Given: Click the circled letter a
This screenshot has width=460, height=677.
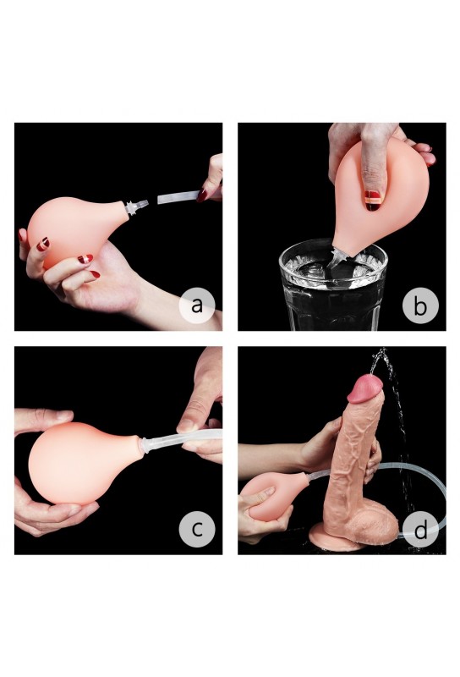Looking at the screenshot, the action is pyautogui.click(x=197, y=305).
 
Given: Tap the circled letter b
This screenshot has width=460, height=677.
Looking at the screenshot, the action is pyautogui.click(x=420, y=305).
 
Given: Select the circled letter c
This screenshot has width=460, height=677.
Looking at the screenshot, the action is pyautogui.click(x=197, y=529).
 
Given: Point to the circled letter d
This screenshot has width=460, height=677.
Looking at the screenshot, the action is pyautogui.click(x=420, y=529).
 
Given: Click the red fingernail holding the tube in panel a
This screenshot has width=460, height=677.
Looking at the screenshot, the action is pyautogui.click(x=202, y=195).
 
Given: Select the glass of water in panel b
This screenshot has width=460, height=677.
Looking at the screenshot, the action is pyautogui.click(x=333, y=284).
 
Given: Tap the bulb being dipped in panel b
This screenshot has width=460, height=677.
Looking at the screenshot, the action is pyautogui.click(x=380, y=195).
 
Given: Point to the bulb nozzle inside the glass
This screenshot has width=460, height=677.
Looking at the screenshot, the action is pyautogui.click(x=339, y=258).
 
